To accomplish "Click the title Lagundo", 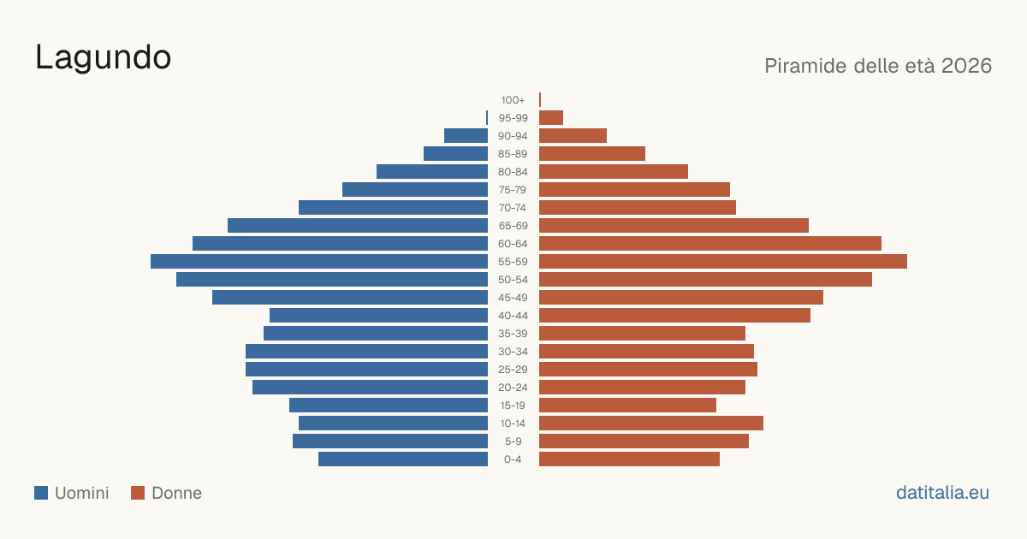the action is point(104,58).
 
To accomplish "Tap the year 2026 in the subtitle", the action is point(966,66).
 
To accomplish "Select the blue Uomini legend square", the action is point(41,493).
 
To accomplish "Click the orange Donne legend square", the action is point(138,493).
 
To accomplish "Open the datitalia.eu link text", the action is point(942,493).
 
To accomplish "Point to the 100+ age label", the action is point(513,100).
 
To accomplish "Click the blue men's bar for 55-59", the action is point(319,261).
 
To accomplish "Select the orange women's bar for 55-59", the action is point(723,261).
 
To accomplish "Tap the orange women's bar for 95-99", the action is point(551,118).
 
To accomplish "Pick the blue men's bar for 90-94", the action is point(466,136).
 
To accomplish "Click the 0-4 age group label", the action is point(513,459).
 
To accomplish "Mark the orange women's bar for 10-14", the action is point(651,423).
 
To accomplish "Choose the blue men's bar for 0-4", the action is point(403,459).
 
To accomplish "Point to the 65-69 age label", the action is point(513,226).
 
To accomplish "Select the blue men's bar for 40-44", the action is point(378,316).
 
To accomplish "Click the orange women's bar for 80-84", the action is point(614,171).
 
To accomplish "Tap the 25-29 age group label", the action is point(513,370).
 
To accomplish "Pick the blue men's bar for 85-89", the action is point(455,153).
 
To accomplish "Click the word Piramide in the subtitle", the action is point(805,66).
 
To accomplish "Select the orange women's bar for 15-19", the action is point(627,406).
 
